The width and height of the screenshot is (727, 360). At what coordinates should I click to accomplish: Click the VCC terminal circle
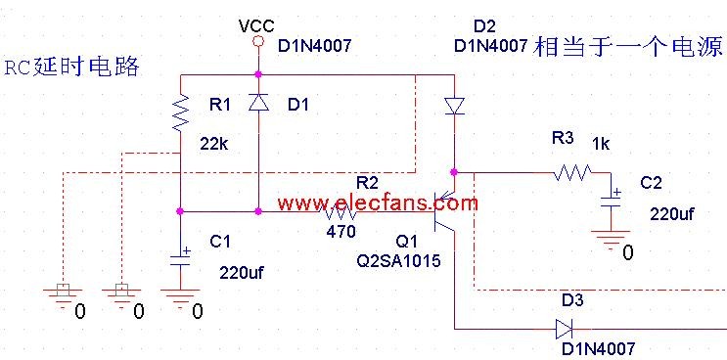pos(258,42)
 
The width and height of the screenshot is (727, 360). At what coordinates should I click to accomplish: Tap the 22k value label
pos(214,144)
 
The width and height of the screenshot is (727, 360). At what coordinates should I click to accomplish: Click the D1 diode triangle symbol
pos(258,102)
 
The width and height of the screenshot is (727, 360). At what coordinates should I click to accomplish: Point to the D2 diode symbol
pos(454,106)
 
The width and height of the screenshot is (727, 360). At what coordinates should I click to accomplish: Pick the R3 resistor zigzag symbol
pos(572,172)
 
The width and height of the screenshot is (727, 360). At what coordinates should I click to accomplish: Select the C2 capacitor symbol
pos(612,202)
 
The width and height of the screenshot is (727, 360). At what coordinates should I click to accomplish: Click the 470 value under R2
pos(341,231)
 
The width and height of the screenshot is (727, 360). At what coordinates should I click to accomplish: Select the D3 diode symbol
pos(564,330)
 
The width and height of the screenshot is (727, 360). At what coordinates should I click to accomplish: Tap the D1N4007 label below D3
pos(598,349)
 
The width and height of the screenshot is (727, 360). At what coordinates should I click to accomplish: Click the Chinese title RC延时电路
pos(71,67)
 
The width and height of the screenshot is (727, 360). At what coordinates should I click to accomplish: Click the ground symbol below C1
pos(181,297)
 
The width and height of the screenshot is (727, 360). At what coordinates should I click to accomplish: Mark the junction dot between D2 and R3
pos(454,172)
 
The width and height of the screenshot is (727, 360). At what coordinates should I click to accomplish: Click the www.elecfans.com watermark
pos(378,203)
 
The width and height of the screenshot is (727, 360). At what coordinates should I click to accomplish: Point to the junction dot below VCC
pos(258,74)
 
